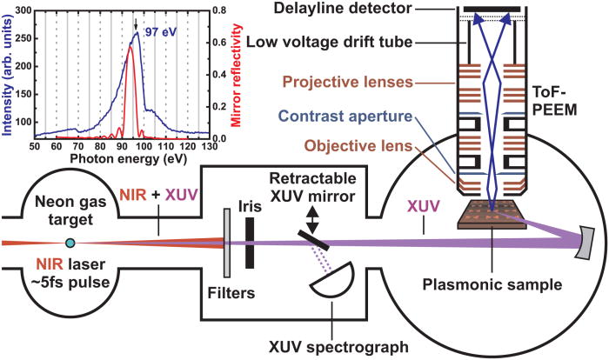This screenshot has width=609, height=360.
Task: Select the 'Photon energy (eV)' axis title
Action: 120,159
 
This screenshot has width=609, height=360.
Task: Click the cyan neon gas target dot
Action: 70,242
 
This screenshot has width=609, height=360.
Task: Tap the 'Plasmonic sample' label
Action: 491,284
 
